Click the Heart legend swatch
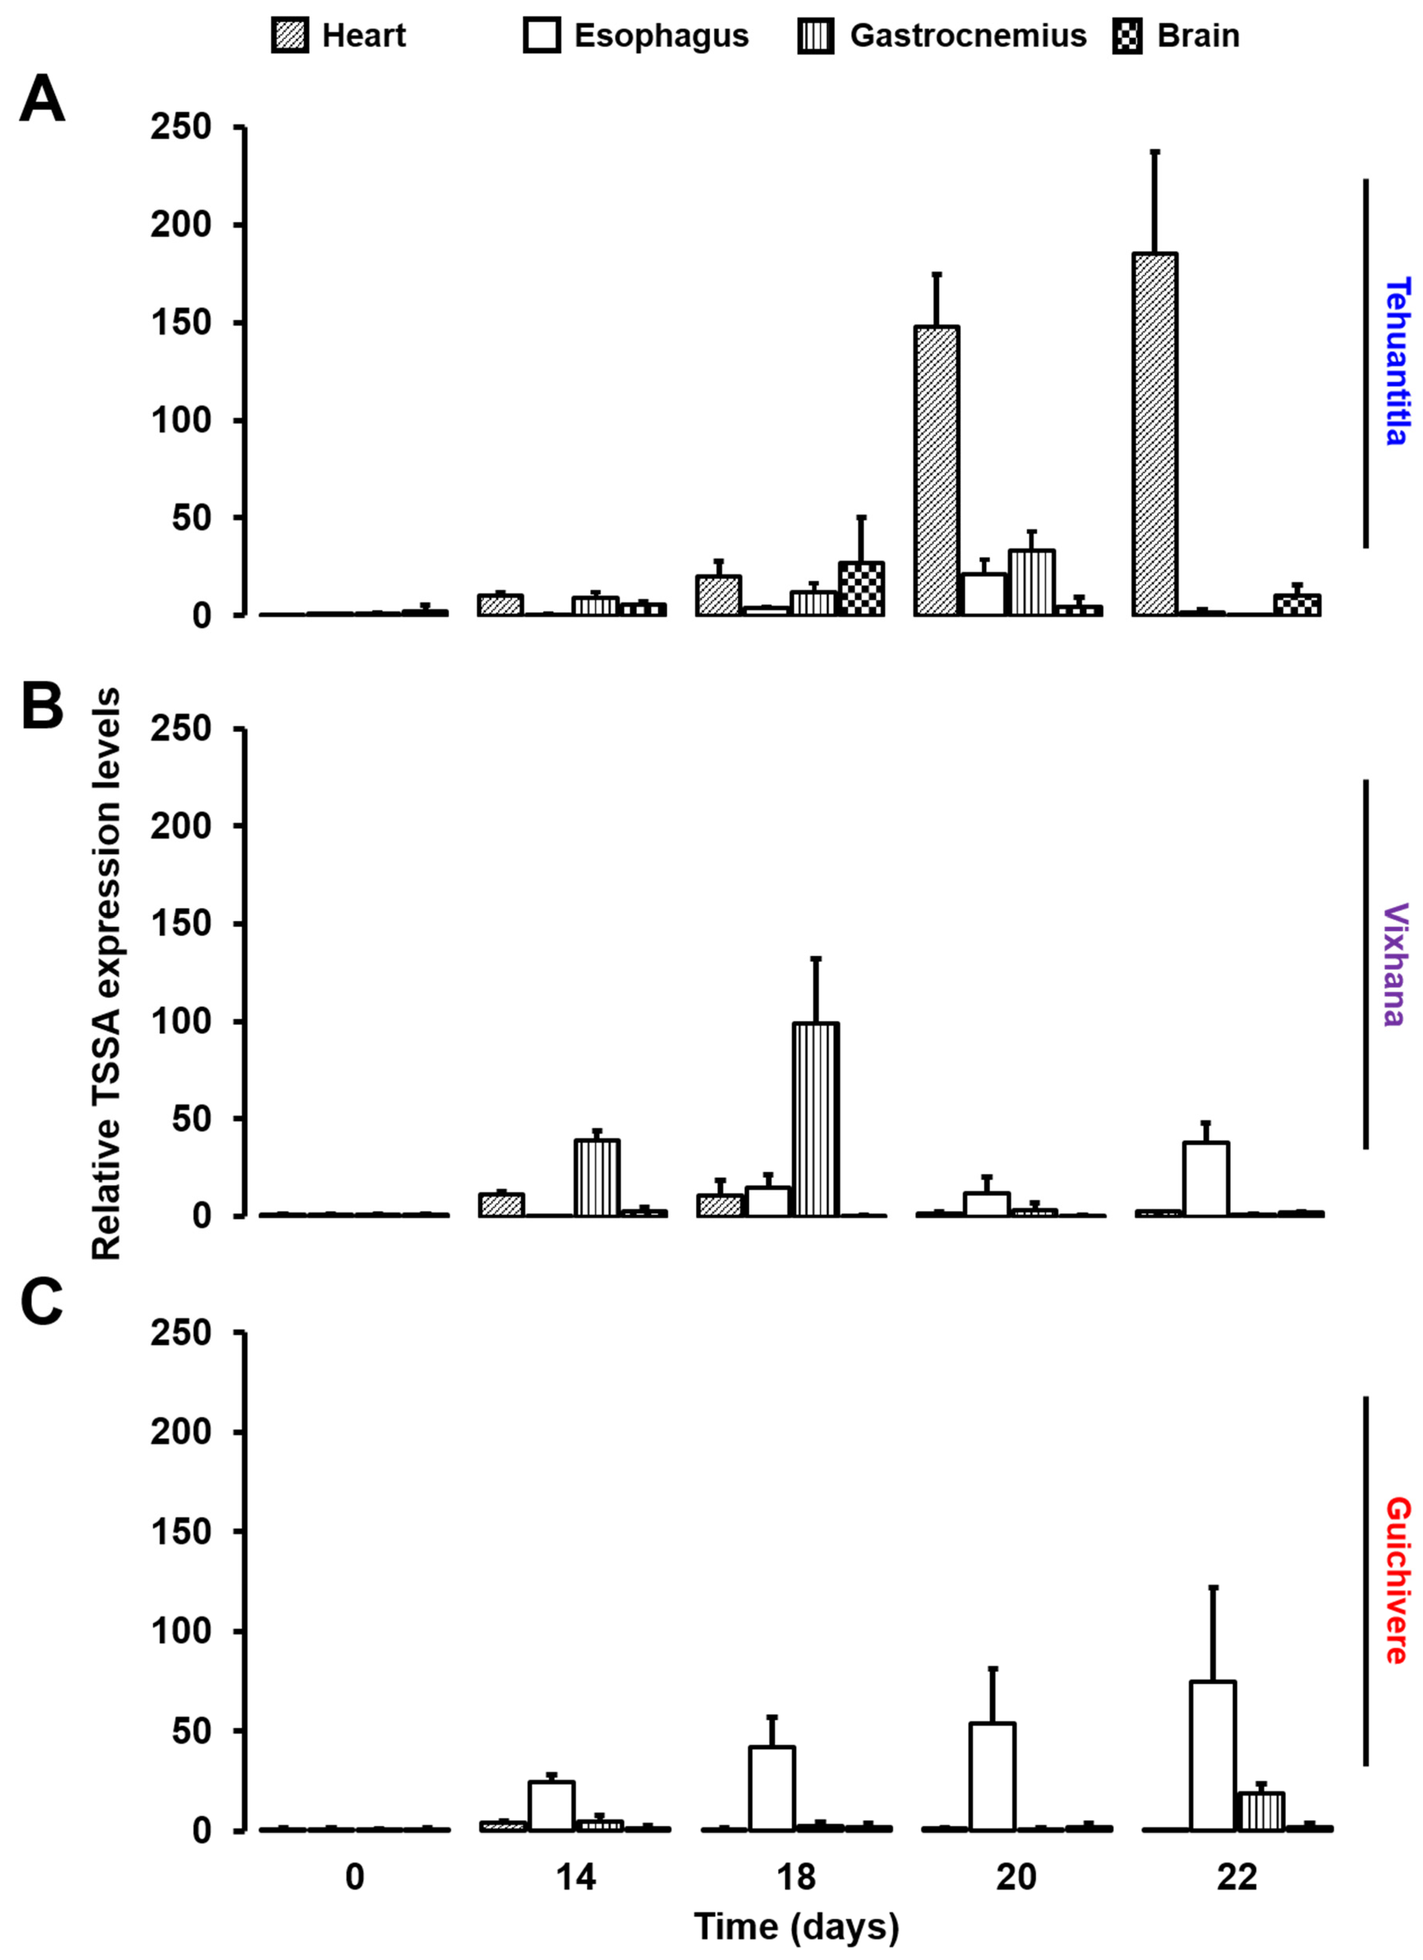coord(289,36)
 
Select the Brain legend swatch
coord(1126,36)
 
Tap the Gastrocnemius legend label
coord(968,36)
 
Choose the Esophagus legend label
coord(661,36)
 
